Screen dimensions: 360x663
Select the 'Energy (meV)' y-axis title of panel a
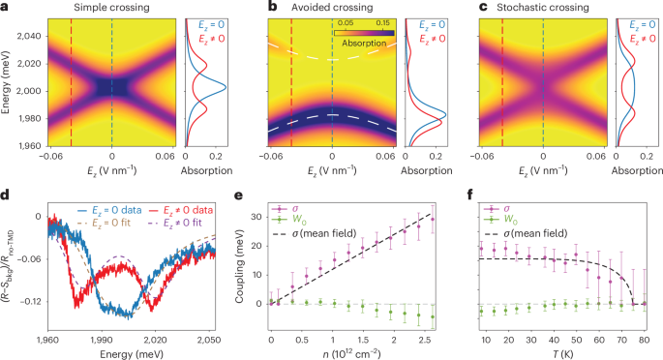coord(7,88)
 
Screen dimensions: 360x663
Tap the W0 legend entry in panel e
coord(286,221)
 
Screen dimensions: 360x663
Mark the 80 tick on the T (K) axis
coord(646,341)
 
